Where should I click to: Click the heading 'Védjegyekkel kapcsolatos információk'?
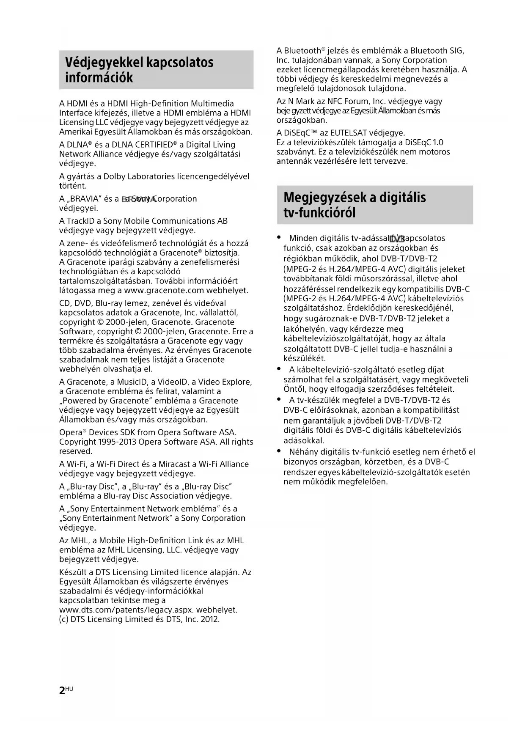[140, 70]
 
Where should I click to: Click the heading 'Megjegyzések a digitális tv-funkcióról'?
[355, 205]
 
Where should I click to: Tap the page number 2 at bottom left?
[62, 690]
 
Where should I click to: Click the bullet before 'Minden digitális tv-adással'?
[278, 237]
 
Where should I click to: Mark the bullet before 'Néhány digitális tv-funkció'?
[278, 451]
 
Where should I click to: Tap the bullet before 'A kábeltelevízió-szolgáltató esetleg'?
[278, 369]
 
